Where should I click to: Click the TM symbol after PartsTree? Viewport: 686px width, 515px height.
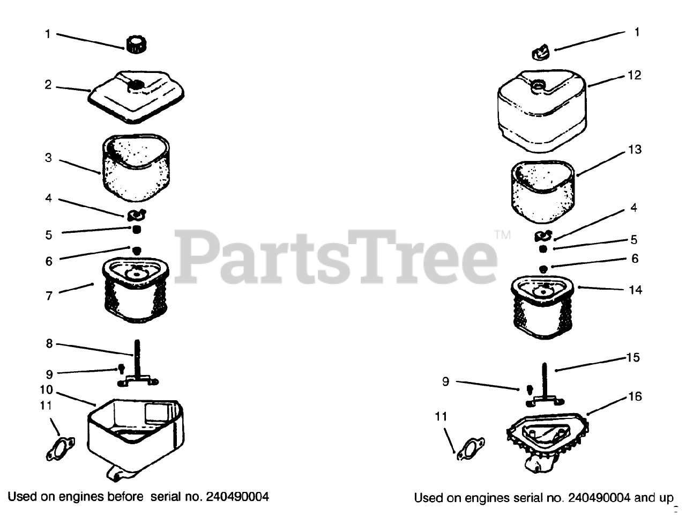[x=503, y=234]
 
